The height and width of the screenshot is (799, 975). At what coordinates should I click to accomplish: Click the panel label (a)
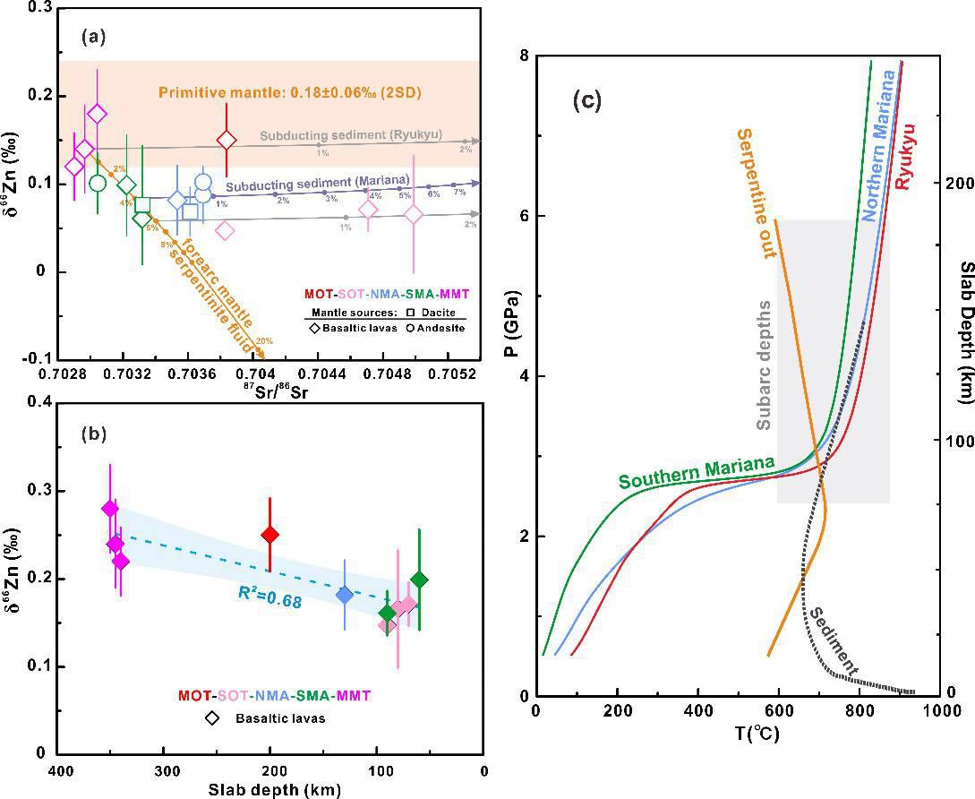(94, 37)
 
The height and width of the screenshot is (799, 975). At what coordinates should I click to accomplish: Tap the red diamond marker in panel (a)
(227, 140)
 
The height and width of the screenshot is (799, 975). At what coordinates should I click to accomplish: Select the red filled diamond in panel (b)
(269, 535)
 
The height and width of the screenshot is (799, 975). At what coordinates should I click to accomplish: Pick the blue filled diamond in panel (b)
(345, 594)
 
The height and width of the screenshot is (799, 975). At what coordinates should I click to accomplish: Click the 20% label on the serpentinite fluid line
(263, 341)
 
